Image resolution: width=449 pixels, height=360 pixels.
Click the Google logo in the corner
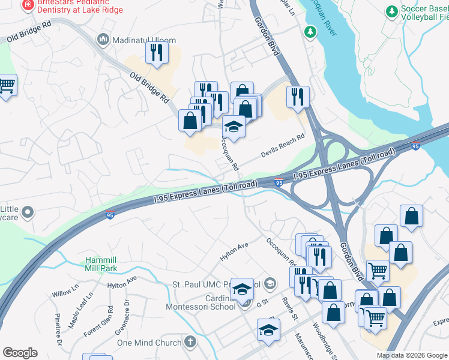point(20,353)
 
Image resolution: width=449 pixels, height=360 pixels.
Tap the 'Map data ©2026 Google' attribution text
point(412,355)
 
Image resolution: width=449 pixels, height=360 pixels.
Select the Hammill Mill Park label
point(100,265)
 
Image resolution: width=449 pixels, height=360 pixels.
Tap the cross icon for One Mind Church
point(190,343)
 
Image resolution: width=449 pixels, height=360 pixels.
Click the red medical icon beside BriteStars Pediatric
point(27,6)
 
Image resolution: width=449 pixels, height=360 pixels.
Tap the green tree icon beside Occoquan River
point(310,31)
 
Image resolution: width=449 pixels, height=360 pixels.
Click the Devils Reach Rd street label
point(283,146)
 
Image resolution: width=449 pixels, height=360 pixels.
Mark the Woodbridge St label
point(325,341)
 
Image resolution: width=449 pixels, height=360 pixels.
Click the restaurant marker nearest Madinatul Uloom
point(156,52)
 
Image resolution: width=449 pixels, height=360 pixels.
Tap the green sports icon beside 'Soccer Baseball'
point(392,11)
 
